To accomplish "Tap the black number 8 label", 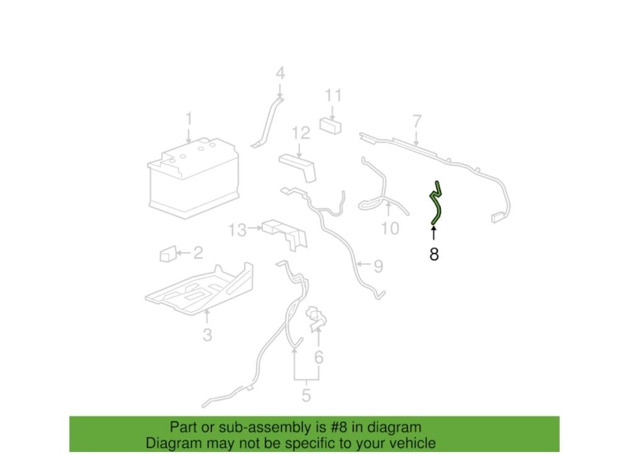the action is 433,254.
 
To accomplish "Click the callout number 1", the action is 189,119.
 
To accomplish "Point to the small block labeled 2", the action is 168,253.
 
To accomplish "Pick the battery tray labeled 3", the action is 199,288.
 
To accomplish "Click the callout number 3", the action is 207,334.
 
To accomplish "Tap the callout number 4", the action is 280,74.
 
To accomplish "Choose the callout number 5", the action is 306,395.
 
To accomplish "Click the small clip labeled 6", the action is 316,319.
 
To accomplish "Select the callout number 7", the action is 417,121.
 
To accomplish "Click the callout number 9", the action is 378,267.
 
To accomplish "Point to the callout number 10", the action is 390,229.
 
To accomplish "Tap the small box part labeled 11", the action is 331,125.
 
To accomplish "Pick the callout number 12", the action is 301,133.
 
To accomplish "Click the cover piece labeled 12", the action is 298,167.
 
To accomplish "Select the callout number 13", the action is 237,231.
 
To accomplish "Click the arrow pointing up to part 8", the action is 433,233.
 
